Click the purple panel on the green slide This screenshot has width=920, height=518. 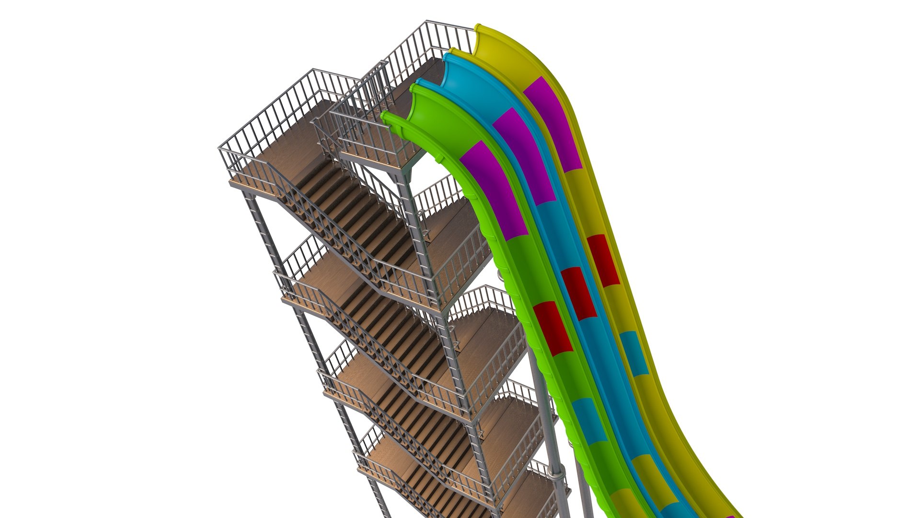click(x=494, y=189)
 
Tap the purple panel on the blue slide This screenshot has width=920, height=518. click(x=524, y=156)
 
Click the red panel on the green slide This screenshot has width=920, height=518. click(x=553, y=329)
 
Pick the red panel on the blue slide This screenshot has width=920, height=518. click(x=579, y=294)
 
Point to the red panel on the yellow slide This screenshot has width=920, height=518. click(x=603, y=260)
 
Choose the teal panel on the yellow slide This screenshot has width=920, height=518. click(x=634, y=353)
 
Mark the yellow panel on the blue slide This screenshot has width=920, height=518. click(x=647, y=475)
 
